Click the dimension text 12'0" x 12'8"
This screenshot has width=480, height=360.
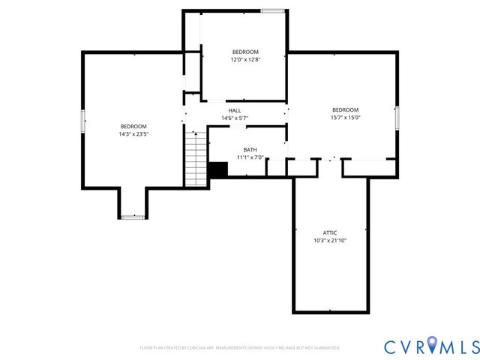pos(245,59)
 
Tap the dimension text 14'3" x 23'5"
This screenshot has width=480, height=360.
pos(133,134)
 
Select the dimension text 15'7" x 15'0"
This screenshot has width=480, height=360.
pos(346,117)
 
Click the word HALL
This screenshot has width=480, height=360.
pos(235,110)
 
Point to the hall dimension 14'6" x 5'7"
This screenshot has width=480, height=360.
pos(235,118)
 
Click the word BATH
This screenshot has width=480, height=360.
pos(250,150)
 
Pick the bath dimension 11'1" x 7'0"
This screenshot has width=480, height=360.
pos(250,157)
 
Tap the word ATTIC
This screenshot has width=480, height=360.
pos(330,232)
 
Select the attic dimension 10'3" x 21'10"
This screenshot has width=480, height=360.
pos(330,241)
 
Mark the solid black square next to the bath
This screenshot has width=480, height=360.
pos(218,170)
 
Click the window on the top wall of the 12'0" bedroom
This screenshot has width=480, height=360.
pos(272,10)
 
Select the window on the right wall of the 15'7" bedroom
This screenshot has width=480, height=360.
pos(397,118)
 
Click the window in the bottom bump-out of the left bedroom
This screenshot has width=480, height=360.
pos(133,217)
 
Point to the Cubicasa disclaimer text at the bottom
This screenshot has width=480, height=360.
pos(240,348)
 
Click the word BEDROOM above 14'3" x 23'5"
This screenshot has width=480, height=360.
pos(133,126)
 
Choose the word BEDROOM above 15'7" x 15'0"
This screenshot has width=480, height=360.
pos(346,109)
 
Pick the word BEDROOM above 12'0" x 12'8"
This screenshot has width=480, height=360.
pos(245,51)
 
